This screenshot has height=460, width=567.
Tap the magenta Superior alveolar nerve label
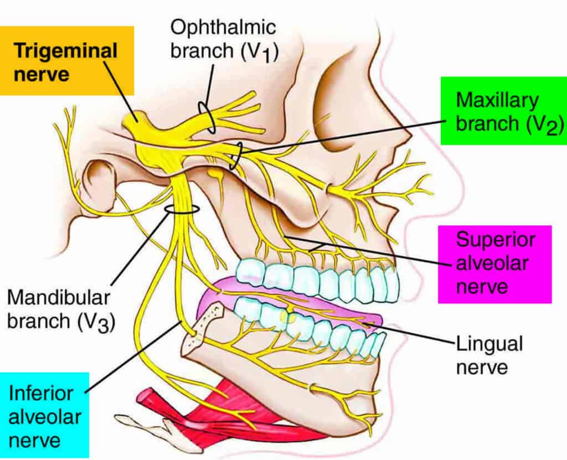[494, 263]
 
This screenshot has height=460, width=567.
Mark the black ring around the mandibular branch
[181, 209]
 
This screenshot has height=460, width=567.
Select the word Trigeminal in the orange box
[65, 51]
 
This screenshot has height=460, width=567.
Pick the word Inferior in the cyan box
[41, 393]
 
